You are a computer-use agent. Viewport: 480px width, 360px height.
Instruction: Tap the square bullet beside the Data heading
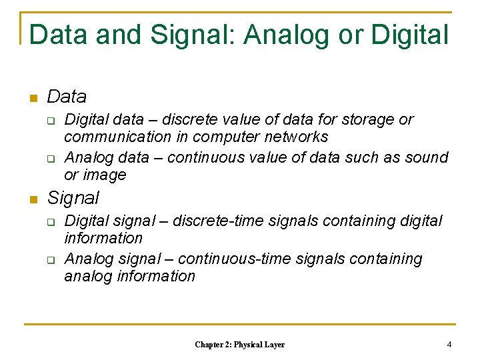coord(31,99)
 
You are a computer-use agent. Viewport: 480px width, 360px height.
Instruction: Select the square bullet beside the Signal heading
coord(31,199)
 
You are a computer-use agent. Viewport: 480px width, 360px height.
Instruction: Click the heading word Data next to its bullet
coord(67,97)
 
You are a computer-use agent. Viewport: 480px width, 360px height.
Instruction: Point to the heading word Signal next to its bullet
coord(73,198)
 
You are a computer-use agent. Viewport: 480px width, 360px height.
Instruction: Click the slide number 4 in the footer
coord(449,345)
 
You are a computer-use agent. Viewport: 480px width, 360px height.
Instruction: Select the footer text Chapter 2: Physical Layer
coord(239,345)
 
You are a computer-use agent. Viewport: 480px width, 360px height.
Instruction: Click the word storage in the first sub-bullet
coord(369,120)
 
